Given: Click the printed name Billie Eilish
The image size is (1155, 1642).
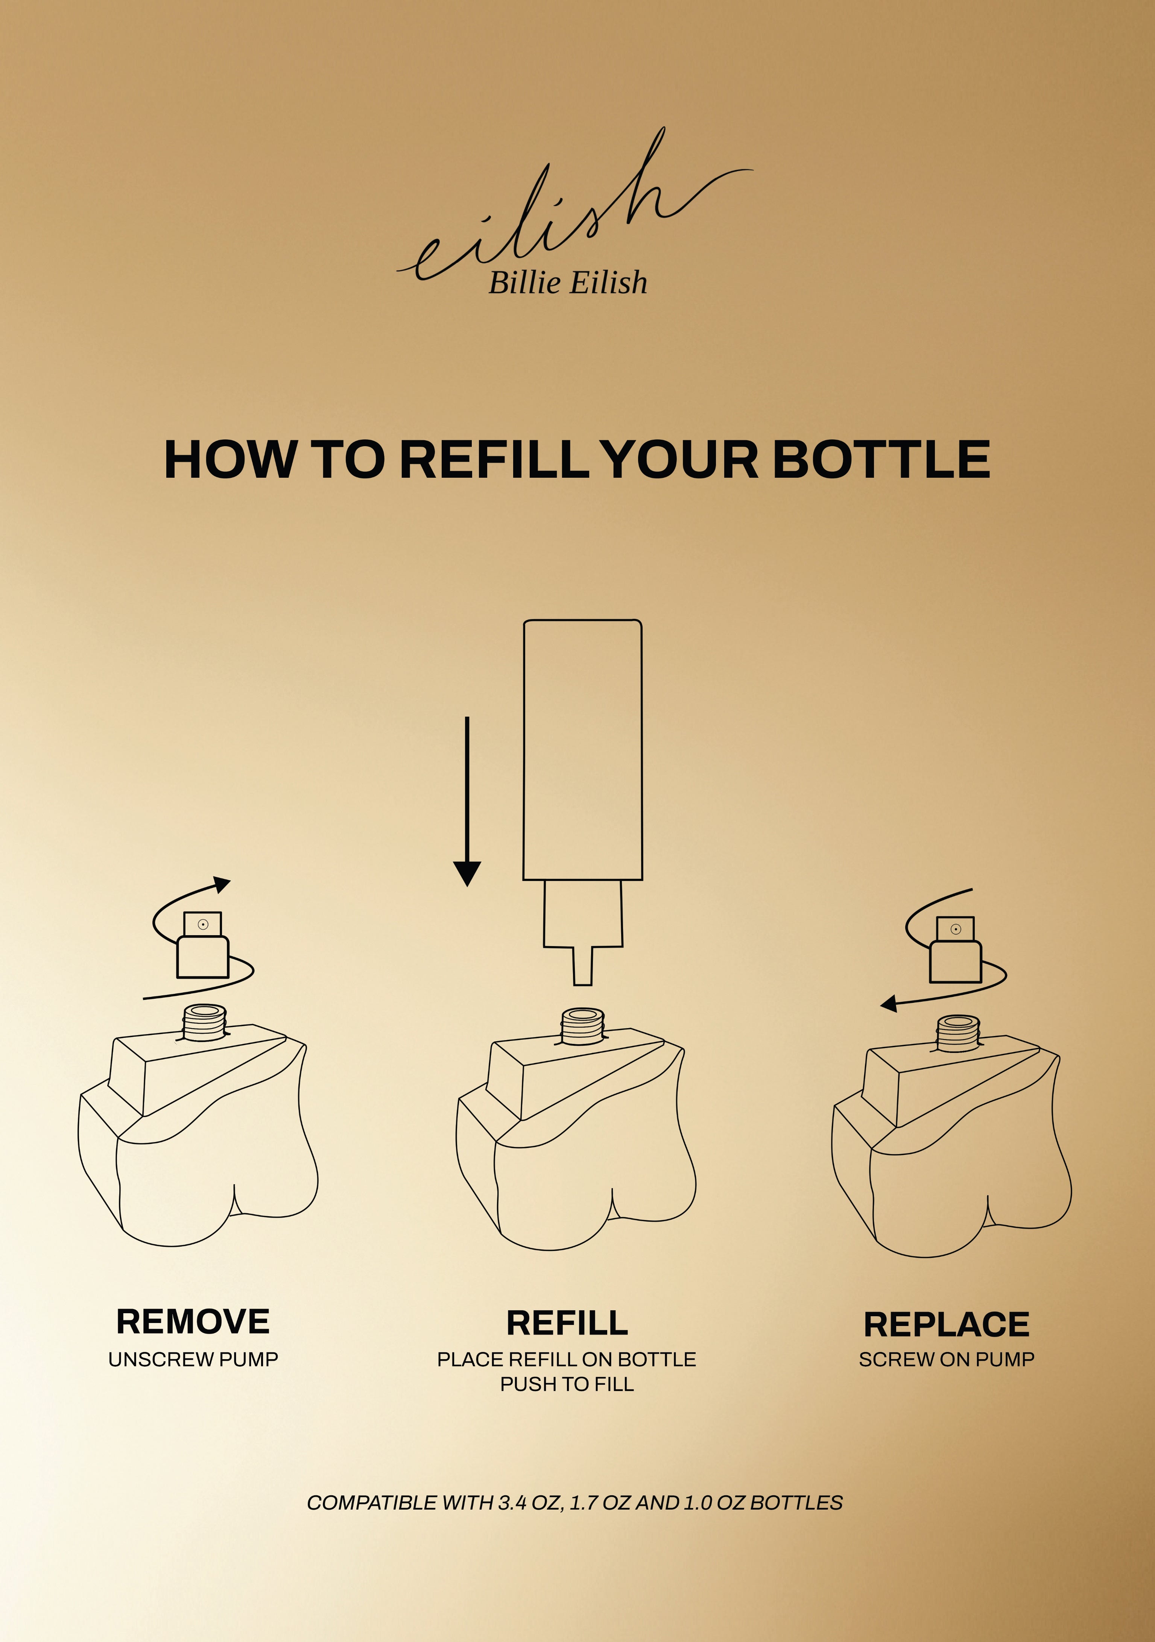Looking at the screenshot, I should tap(568, 283).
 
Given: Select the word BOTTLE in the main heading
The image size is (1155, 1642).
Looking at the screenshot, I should tap(881, 459).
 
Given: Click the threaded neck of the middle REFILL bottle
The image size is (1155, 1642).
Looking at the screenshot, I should tap(583, 1026).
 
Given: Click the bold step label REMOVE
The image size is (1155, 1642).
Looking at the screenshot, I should tap(193, 1321).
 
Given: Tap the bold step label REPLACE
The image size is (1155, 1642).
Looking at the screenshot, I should tap(946, 1325).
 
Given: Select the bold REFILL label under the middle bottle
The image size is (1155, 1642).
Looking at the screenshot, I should tap(567, 1323).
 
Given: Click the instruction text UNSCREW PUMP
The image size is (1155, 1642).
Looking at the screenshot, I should tap(193, 1359).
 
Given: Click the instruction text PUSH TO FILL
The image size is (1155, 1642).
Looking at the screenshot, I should tap(567, 1385).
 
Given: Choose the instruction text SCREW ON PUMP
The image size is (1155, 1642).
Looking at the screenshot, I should tap(946, 1359).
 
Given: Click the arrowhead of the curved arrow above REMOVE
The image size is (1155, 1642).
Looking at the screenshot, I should tap(223, 885).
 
